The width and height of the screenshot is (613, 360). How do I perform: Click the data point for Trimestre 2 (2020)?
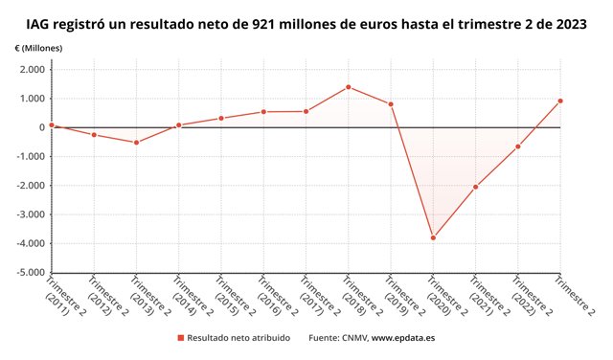pos(433,237)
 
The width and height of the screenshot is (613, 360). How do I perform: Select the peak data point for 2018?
pos(349,87)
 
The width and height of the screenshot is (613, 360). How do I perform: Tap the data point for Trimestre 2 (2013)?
pos(136,143)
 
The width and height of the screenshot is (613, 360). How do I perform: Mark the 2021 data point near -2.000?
pos(475,187)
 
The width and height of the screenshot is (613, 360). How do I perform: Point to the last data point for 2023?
pos(560,101)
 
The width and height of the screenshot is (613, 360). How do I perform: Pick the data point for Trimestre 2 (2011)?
pos(52,125)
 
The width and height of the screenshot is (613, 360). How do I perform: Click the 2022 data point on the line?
pos(517,146)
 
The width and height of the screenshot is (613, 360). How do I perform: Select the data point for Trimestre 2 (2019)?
pos(391,104)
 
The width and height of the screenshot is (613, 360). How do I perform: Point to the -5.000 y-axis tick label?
pos(30,273)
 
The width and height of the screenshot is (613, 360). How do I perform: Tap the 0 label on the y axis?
pos(42,127)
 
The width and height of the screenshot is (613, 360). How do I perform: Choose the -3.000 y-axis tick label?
pos(30,214)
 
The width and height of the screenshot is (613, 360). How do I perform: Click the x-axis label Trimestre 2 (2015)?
pos(235,296)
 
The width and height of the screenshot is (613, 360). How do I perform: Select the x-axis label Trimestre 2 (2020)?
pos(447,296)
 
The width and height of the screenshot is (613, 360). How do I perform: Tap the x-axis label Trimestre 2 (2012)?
pos(108,296)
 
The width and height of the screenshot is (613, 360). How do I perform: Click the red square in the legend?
pos(181,338)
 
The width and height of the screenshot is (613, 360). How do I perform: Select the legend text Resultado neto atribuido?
pos(238,338)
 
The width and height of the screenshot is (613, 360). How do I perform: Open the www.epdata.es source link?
pos(403,338)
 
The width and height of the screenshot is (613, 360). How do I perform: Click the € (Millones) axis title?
pos(38,49)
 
